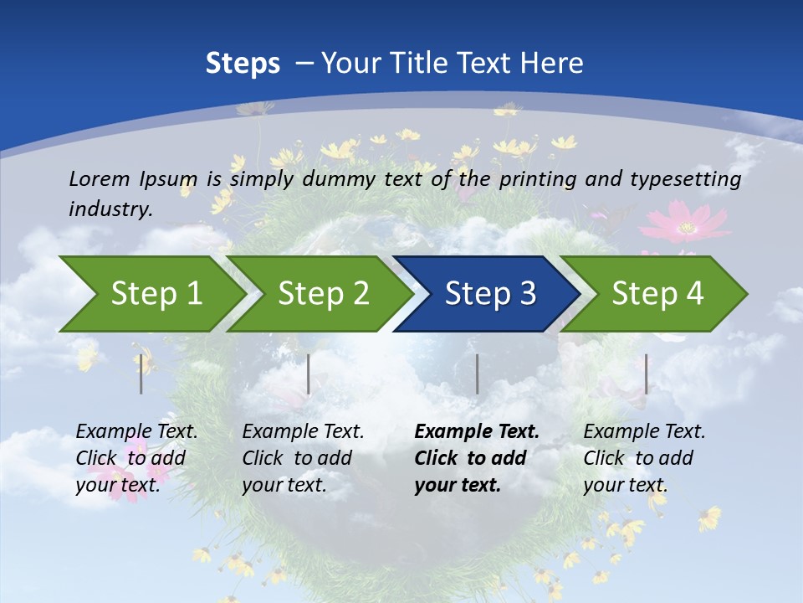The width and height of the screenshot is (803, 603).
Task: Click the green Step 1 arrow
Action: (x=156, y=294)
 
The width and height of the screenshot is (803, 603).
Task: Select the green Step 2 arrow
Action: (x=323, y=294)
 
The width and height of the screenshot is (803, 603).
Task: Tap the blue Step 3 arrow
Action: (x=490, y=294)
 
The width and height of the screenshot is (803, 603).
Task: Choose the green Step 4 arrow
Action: (x=657, y=294)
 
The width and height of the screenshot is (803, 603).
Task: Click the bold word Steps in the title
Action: (x=243, y=64)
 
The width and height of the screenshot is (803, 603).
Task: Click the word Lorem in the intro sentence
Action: (x=100, y=179)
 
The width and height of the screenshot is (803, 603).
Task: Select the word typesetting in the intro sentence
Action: (x=685, y=180)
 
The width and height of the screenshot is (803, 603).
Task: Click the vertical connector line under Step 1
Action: (x=141, y=374)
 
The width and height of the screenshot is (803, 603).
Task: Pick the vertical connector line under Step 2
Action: (x=309, y=374)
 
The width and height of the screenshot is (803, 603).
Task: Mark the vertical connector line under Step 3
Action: (x=477, y=374)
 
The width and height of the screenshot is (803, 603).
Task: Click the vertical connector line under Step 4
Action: (x=646, y=374)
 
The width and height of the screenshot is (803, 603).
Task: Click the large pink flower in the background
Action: (x=685, y=223)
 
